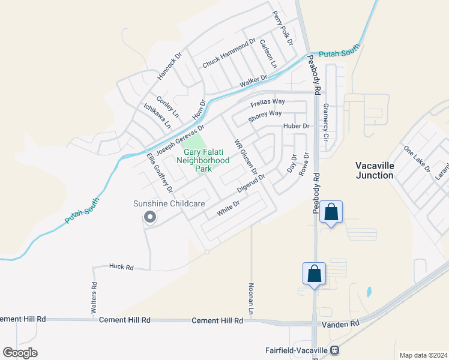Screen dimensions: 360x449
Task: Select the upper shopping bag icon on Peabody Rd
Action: pyautogui.click(x=331, y=212)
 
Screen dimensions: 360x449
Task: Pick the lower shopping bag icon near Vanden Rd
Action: pyautogui.click(x=315, y=274)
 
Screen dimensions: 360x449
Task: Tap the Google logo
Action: pyautogui.click(x=20, y=353)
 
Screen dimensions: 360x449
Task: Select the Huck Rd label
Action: pyautogui.click(x=121, y=266)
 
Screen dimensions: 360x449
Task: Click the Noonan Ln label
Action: pyautogui.click(x=251, y=298)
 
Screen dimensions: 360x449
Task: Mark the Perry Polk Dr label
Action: pyautogui.click(x=282, y=28)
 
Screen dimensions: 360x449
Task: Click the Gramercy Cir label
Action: pyautogui.click(x=326, y=122)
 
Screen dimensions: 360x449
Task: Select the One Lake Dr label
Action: pyautogui.click(x=417, y=158)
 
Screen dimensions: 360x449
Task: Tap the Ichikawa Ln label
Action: pyautogui.click(x=157, y=116)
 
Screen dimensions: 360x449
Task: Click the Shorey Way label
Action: pyautogui.click(x=265, y=113)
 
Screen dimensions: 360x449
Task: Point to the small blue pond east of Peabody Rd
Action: pyautogui.click(x=368, y=292)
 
